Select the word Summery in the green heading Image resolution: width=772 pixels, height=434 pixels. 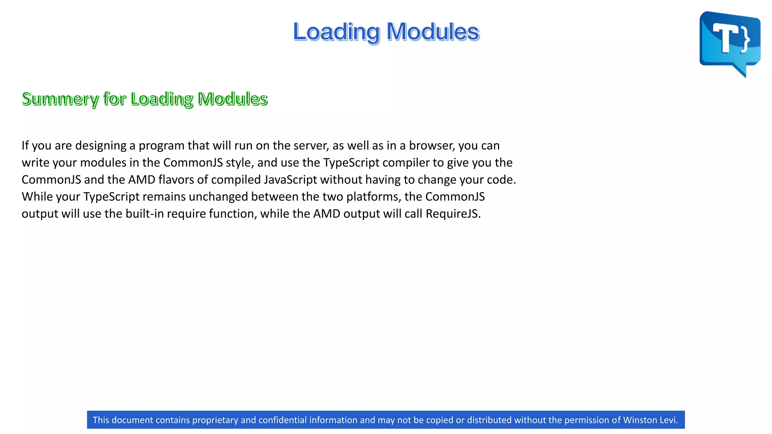click(x=60, y=99)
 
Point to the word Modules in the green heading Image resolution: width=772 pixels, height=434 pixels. click(x=233, y=99)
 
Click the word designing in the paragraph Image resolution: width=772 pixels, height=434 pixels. click(x=101, y=146)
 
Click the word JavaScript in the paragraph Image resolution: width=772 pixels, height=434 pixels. click(x=290, y=180)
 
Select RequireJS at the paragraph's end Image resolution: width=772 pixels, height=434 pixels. click(x=453, y=214)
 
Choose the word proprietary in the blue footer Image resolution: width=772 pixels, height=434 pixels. click(x=215, y=420)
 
